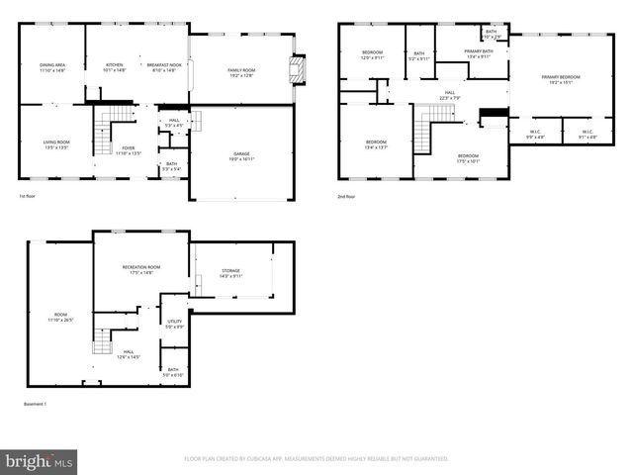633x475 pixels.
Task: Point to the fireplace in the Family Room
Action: click(294, 69)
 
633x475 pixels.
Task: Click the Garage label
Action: click(241, 156)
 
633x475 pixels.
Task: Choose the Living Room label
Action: click(55, 144)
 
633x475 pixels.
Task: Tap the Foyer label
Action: click(130, 150)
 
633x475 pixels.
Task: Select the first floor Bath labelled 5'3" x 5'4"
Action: click(171, 165)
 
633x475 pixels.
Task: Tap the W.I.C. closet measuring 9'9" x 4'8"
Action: click(534, 134)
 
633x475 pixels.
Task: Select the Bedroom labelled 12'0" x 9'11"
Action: click(372, 54)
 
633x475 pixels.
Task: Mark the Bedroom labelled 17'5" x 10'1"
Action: click(468, 158)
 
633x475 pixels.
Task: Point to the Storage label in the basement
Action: click(230, 273)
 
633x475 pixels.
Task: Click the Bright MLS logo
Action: click(40, 461)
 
